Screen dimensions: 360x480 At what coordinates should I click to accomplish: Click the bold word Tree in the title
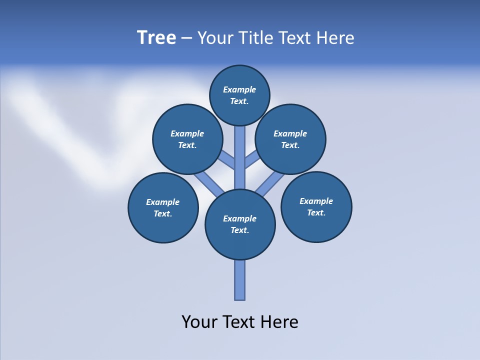tap(156, 38)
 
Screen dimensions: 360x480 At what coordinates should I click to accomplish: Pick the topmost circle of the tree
tap(239, 95)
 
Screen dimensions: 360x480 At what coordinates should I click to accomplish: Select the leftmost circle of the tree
tap(163, 207)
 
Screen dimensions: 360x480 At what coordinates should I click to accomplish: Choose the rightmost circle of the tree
tap(316, 206)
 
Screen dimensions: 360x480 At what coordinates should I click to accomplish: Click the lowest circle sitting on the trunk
tap(240, 224)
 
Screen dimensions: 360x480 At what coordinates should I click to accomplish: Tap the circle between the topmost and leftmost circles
tap(187, 139)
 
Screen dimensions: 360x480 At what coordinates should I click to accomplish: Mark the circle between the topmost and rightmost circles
tap(290, 139)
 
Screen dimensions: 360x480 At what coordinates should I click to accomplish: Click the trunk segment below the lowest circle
tap(240, 280)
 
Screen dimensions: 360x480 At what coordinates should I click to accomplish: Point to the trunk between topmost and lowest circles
tap(240, 157)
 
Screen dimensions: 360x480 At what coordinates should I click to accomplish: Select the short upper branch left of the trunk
tap(227, 160)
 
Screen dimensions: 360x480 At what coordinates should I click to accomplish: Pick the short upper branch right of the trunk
tap(252, 160)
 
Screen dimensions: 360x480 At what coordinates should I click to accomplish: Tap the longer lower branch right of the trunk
tap(270, 183)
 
